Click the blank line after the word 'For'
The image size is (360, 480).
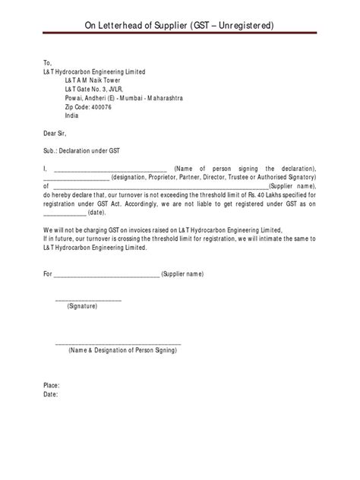click(106, 272)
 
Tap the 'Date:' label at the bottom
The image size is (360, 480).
click(51, 395)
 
